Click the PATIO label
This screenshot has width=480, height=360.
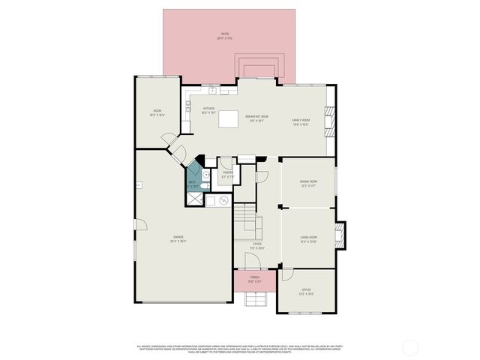click(224, 34)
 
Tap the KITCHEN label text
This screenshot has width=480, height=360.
click(209, 109)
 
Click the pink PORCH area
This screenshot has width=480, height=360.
click(254, 280)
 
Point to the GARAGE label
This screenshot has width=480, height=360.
click(179, 240)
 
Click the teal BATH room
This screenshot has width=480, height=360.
click(194, 178)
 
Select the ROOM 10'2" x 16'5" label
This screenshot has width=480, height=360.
click(156, 114)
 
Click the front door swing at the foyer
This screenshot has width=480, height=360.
click(253, 259)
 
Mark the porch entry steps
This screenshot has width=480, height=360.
click(255, 299)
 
